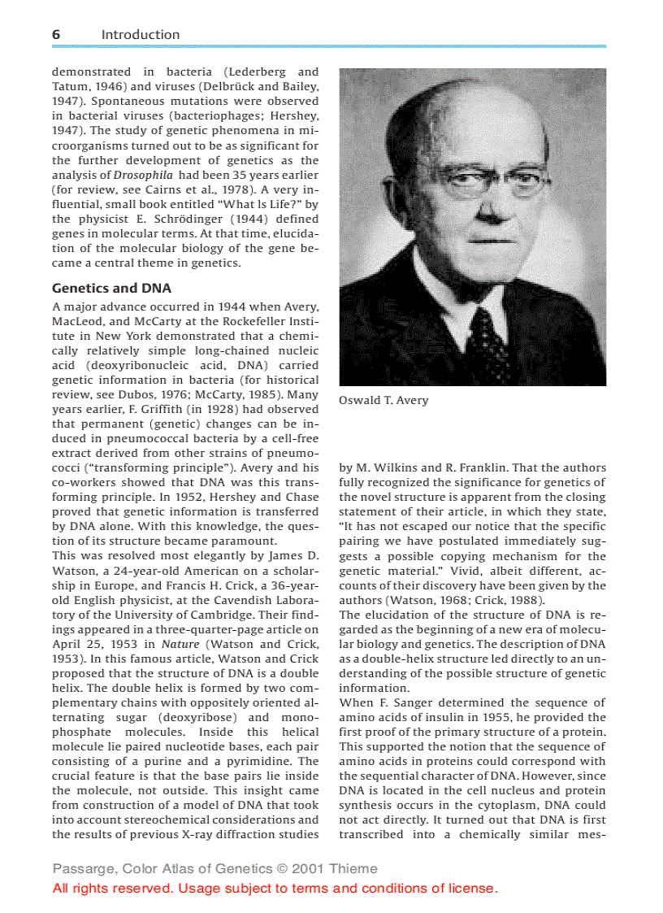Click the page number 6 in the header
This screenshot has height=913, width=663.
point(56,34)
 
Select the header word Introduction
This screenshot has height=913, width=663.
point(141,34)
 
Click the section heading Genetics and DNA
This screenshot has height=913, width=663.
point(111,288)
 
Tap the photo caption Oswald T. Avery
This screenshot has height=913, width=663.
point(383,400)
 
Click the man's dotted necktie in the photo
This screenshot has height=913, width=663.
point(488,341)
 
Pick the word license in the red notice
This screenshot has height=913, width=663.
point(472,888)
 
